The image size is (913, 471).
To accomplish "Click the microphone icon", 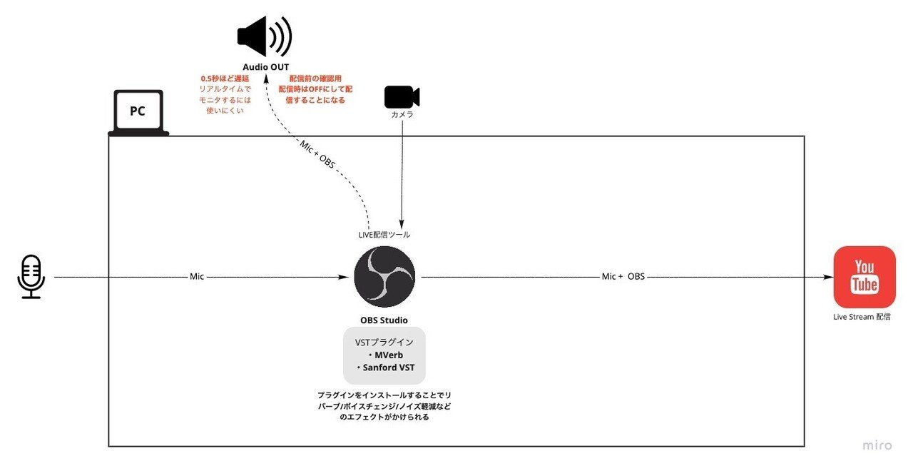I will (31, 277).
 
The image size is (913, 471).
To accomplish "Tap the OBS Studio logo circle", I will (384, 277).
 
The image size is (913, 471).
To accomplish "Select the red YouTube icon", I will (864, 277).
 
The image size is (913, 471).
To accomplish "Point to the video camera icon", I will (402, 97).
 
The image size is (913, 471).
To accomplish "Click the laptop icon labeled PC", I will (138, 112).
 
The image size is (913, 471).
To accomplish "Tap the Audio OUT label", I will (265, 67).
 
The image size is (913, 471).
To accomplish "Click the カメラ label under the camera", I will (402, 114).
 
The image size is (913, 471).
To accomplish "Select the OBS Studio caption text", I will (384, 320).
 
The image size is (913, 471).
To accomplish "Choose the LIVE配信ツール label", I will (384, 234).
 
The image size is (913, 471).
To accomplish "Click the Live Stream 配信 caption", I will (862, 317).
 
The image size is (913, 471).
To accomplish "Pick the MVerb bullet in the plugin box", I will (385, 355).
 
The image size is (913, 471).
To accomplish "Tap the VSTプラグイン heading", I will (384, 343).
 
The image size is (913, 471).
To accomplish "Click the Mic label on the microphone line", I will (197, 276).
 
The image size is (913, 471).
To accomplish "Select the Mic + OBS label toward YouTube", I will (623, 276).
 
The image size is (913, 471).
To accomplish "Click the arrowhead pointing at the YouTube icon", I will (828, 276).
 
